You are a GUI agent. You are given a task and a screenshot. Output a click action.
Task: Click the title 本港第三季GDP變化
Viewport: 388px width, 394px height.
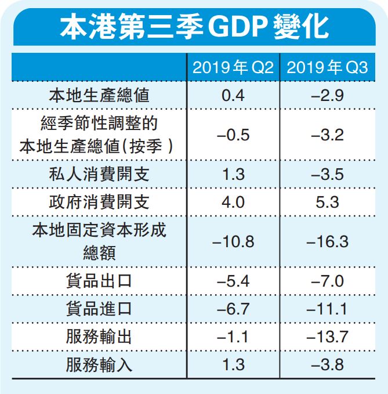194,26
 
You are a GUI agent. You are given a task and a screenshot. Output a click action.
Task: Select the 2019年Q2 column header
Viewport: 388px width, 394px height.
233,68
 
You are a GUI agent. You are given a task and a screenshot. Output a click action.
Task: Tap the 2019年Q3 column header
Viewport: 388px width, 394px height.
327,68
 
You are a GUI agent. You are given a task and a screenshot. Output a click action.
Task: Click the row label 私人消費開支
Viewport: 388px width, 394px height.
99,173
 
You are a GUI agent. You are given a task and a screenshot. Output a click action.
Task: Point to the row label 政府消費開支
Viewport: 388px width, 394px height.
99,202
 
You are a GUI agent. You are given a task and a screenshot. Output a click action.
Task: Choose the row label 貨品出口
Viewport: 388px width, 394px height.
99,281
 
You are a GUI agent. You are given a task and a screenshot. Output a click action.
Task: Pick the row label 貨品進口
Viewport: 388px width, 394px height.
99,309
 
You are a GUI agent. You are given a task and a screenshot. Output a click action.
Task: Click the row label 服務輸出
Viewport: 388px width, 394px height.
99,337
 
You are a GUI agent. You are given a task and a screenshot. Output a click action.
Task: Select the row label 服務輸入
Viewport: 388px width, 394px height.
99,365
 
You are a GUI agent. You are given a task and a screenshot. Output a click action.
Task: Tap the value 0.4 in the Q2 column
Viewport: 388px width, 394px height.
233,95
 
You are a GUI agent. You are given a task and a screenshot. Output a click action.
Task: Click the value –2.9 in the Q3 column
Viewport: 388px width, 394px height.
328,95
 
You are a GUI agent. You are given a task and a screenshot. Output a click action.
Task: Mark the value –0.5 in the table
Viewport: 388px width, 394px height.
233,135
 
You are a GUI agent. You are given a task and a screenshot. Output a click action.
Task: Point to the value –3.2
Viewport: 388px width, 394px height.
328,135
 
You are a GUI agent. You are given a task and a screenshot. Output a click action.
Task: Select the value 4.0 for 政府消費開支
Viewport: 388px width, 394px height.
233,202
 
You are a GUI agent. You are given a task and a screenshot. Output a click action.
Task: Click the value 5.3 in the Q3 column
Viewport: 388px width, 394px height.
328,202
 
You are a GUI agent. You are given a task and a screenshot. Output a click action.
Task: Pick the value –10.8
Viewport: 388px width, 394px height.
233,241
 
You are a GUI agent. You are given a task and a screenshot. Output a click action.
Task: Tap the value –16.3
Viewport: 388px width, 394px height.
328,241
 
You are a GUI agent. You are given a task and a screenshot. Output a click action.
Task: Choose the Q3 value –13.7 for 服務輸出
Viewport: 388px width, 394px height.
328,337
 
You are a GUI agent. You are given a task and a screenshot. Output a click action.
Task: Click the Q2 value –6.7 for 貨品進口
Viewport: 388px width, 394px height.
233,309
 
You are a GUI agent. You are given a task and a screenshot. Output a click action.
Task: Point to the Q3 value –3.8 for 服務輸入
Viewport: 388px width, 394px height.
328,365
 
